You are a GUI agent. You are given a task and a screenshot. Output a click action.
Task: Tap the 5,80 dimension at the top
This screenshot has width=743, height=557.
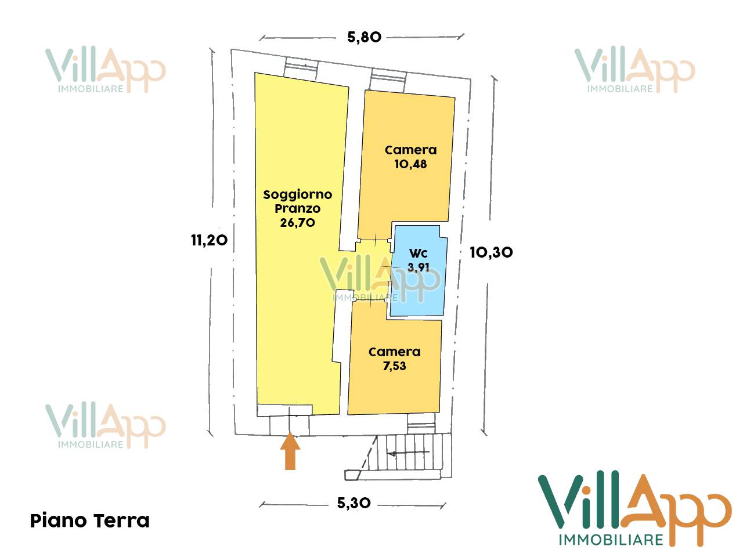[x=364, y=37]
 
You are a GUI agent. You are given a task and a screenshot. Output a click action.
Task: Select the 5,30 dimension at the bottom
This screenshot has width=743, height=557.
[x=354, y=503]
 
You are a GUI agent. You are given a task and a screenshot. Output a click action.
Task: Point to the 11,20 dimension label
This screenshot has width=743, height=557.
[x=209, y=240]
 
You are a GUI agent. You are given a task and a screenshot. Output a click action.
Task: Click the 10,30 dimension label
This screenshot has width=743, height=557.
[x=491, y=252]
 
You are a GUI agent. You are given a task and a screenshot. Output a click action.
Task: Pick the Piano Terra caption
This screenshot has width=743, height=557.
[x=89, y=520]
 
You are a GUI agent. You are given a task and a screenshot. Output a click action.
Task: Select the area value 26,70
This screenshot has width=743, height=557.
[x=297, y=223]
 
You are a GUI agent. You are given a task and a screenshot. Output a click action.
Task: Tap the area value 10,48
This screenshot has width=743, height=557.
[x=410, y=164]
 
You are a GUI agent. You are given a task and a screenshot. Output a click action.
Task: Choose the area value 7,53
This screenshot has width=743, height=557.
[x=394, y=366]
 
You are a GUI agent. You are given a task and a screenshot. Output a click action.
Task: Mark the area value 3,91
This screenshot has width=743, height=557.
[x=419, y=267]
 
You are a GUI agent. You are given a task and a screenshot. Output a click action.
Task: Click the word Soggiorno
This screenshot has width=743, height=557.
[x=297, y=195]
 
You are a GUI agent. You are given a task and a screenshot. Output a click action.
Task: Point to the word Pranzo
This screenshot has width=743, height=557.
[x=297, y=209]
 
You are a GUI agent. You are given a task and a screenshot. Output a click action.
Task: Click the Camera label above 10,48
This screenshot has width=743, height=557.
[x=410, y=150]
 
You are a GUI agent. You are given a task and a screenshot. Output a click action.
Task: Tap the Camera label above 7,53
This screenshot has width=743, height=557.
[x=394, y=352]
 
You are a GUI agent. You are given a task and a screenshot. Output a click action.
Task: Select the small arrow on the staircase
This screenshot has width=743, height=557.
[x=409, y=453]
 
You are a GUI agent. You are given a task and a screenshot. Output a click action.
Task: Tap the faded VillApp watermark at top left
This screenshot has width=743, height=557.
[x=105, y=70]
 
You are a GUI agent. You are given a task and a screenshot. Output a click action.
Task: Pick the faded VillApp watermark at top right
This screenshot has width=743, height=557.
[x=634, y=70]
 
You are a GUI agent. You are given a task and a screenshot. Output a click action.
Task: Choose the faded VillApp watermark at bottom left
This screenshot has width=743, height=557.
[x=105, y=426]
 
